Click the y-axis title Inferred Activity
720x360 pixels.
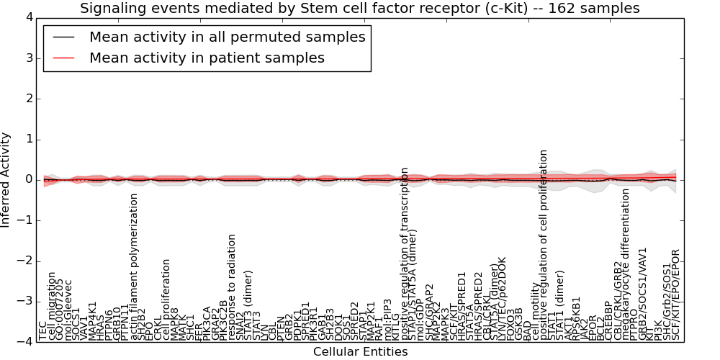[x=6, y=179]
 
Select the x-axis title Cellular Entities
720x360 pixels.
[x=360, y=352]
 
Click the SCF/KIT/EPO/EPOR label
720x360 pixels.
[x=675, y=294]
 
